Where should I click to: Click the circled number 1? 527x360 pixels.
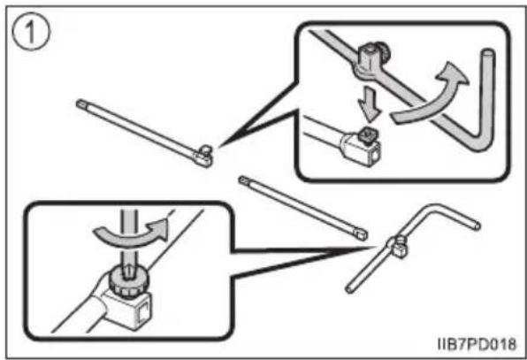point(31,32)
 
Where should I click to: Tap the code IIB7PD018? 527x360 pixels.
point(477,344)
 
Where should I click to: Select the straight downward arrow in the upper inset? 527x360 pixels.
point(370,104)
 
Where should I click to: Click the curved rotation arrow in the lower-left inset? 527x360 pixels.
point(131,236)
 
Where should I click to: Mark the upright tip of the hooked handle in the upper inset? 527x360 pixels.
point(488,53)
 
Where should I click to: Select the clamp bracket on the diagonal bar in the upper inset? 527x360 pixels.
point(370,59)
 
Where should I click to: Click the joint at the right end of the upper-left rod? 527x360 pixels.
point(203,157)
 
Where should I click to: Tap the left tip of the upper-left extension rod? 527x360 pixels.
point(80,103)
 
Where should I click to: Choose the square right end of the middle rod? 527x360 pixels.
point(362,234)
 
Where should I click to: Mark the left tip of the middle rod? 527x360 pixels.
point(242,180)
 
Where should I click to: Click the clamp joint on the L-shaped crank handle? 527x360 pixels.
point(397,248)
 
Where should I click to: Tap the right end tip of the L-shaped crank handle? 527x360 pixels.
point(477,226)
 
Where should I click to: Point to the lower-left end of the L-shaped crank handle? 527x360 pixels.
point(349,288)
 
